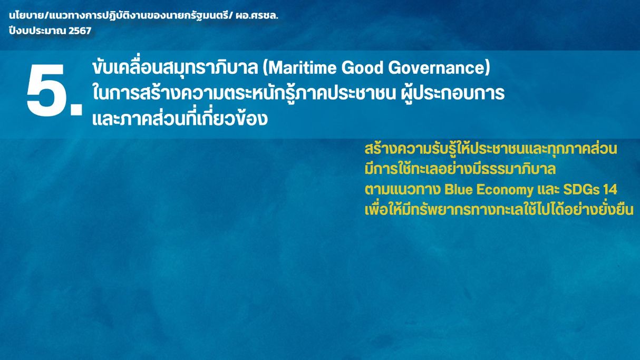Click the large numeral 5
click(x=46, y=90)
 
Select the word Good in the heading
click(x=362, y=67)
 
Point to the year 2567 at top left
click(x=80, y=31)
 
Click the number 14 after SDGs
click(x=610, y=190)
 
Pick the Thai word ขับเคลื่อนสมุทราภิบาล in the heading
click(x=175, y=67)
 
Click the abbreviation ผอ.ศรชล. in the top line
click(x=257, y=15)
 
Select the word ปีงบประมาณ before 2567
click(x=38, y=30)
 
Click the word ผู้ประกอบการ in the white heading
click(x=452, y=93)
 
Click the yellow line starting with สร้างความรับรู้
click(x=491, y=149)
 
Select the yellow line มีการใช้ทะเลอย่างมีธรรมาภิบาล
click(x=460, y=169)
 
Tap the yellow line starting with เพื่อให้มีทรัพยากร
click(x=499, y=209)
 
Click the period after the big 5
click(x=76, y=109)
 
